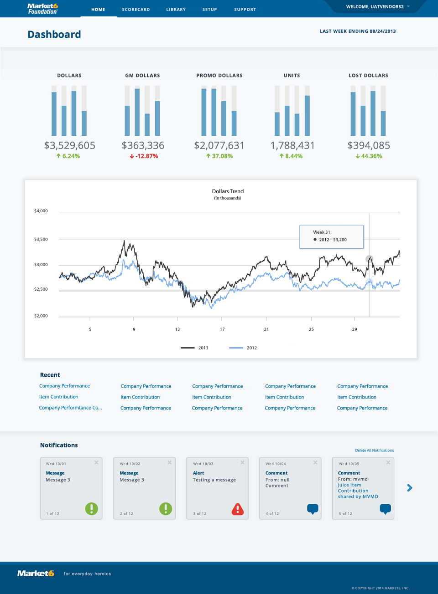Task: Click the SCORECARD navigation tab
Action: pyautogui.click(x=136, y=10)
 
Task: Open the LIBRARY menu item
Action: pyautogui.click(x=176, y=10)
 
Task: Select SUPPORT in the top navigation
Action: pyautogui.click(x=245, y=10)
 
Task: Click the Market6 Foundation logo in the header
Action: pyautogui.click(x=42, y=9)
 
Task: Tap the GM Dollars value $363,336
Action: pyautogui.click(x=143, y=145)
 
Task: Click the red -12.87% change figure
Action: pyautogui.click(x=144, y=156)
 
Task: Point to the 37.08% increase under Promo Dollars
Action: pyautogui.click(x=219, y=156)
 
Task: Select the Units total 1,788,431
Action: pyautogui.click(x=292, y=145)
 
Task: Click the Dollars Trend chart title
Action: pyautogui.click(x=228, y=191)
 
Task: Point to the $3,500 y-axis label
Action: pyautogui.click(x=41, y=239)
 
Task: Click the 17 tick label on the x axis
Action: pyautogui.click(x=222, y=329)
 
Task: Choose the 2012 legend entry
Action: pyautogui.click(x=243, y=348)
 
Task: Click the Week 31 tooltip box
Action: pyautogui.click(x=332, y=237)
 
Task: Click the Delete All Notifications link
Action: pyautogui.click(x=374, y=450)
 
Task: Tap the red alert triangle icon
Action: pyautogui.click(x=237, y=509)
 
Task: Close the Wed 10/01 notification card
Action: pyautogui.click(x=96, y=462)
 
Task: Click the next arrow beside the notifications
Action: pyautogui.click(x=410, y=488)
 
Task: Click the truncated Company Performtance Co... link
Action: pyautogui.click(x=70, y=408)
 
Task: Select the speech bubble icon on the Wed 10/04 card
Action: pyautogui.click(x=313, y=509)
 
